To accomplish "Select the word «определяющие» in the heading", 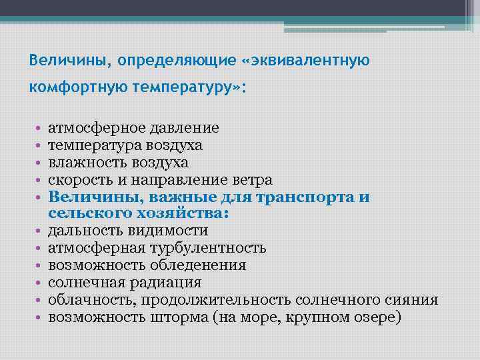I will [x=175, y=61].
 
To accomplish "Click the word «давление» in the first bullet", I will [x=189, y=127].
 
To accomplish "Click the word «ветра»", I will [x=252, y=179].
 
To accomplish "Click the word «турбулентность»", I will [x=212, y=248].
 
